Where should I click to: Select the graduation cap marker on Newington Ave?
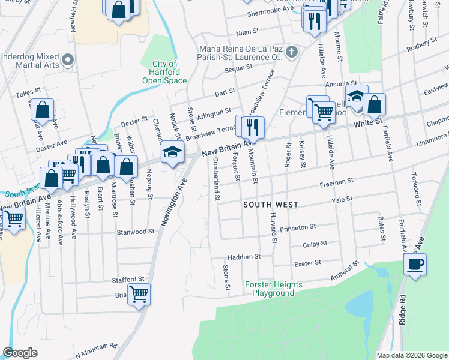(x=172, y=154)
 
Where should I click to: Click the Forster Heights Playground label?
(x=269, y=289)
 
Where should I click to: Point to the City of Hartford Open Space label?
(x=164, y=72)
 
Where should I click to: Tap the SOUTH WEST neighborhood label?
(x=271, y=205)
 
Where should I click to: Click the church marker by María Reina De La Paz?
(x=292, y=52)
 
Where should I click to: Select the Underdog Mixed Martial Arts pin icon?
(x=68, y=59)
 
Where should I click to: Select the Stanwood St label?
(x=136, y=232)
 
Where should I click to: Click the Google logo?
(x=20, y=353)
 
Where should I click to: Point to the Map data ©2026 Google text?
(x=411, y=355)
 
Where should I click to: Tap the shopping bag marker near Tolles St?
(x=42, y=110)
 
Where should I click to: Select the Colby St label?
(x=315, y=244)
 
